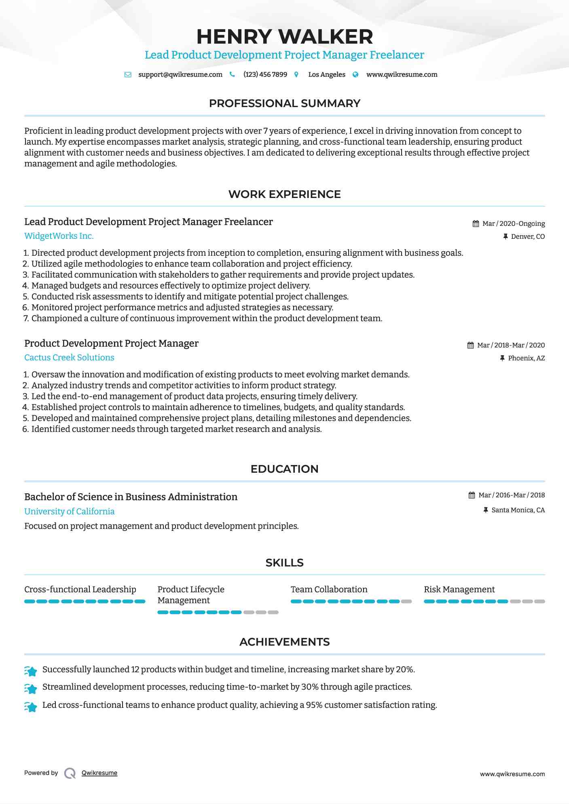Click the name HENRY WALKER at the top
coord(284,37)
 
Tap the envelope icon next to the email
coord(128,75)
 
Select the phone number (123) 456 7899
coord(265,75)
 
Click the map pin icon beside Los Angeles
coord(296,75)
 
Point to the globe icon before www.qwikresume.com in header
coord(355,75)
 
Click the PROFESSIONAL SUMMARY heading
coord(284,103)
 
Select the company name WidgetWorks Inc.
coord(59,236)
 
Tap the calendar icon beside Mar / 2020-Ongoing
coord(476,224)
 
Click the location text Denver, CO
coord(527,237)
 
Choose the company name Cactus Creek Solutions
coord(69,358)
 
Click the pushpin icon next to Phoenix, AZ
coord(502,358)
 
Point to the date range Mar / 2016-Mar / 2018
coord(511,495)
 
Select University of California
coord(69,511)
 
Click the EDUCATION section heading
coord(284,469)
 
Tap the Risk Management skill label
coord(459,589)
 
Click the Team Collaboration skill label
coord(329,589)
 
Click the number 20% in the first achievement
coord(405,669)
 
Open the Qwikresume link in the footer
coord(99,773)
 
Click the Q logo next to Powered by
coord(70,773)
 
